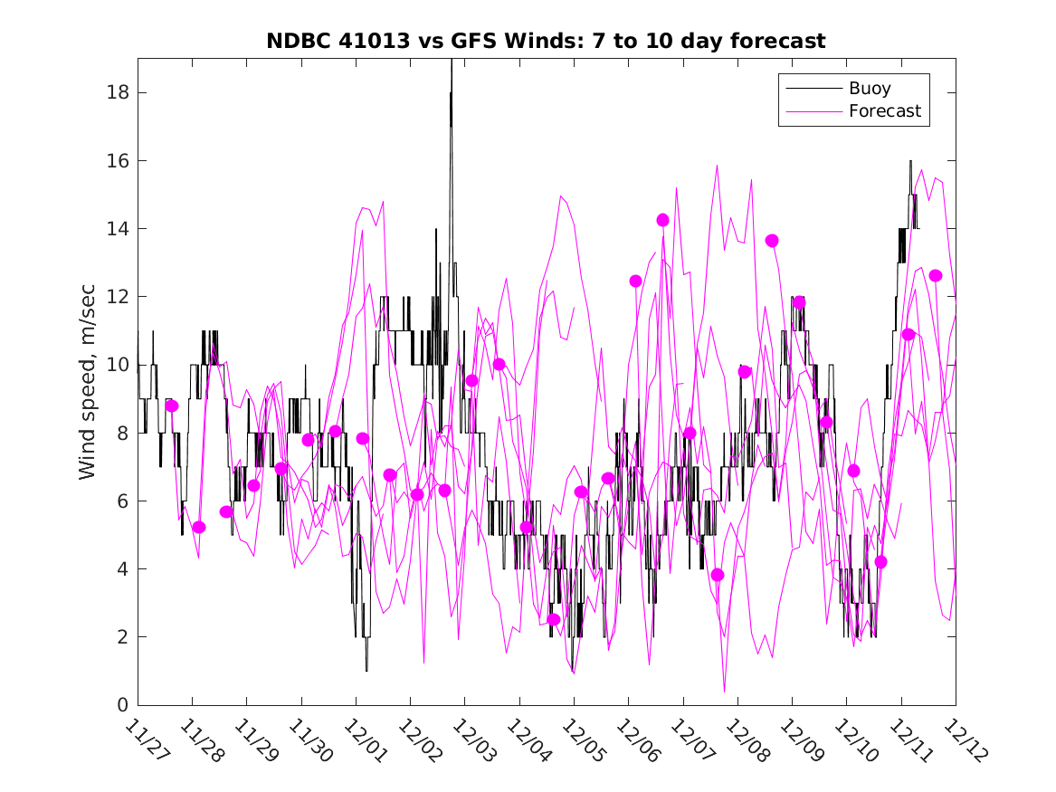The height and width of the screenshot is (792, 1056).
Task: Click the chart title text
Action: coord(546,42)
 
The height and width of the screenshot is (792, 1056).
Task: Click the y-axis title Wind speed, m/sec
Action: coord(87,380)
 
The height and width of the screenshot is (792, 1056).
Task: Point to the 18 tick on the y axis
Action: coord(119,92)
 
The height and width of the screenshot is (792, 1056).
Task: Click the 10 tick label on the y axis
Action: coord(119,365)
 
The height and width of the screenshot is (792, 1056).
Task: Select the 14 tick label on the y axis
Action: coord(119,228)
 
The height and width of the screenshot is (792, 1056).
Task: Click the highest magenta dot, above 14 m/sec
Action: coord(662,220)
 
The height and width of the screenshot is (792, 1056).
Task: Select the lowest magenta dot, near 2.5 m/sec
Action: coord(554,619)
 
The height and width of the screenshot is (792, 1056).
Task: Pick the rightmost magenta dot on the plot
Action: coord(936,275)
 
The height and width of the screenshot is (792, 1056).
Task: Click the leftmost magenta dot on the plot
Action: coord(172,406)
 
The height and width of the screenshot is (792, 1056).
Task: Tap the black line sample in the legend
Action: coord(813,89)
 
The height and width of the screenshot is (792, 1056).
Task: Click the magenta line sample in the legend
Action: coord(813,111)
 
